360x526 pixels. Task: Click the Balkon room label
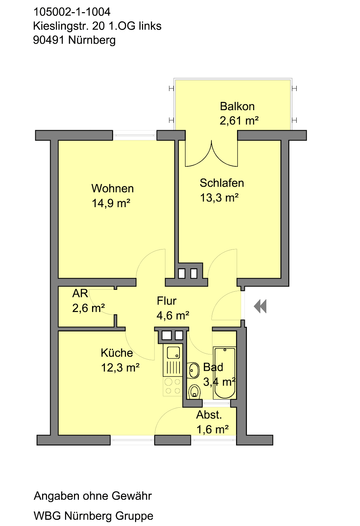coord(237,107)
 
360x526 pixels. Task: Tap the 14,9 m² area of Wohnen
coord(111,203)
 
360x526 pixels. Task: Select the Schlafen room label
coord(222,183)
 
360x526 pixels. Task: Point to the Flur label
coord(166,301)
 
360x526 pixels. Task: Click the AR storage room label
coord(80,293)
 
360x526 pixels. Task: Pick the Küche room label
coord(117,353)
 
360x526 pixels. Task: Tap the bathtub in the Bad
coord(225,373)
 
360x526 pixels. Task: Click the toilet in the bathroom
coord(194,392)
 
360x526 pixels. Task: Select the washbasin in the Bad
coord(194,371)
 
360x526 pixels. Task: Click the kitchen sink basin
coord(173,352)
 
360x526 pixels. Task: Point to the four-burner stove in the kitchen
coord(173,386)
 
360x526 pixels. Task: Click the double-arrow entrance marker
coord(260,306)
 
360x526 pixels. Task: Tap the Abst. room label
coord(209,415)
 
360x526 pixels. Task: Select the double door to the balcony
coord(211,154)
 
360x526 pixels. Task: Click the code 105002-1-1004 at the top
coord(72,12)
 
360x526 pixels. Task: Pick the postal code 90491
coord(49,40)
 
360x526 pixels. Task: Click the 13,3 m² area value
coord(219,198)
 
